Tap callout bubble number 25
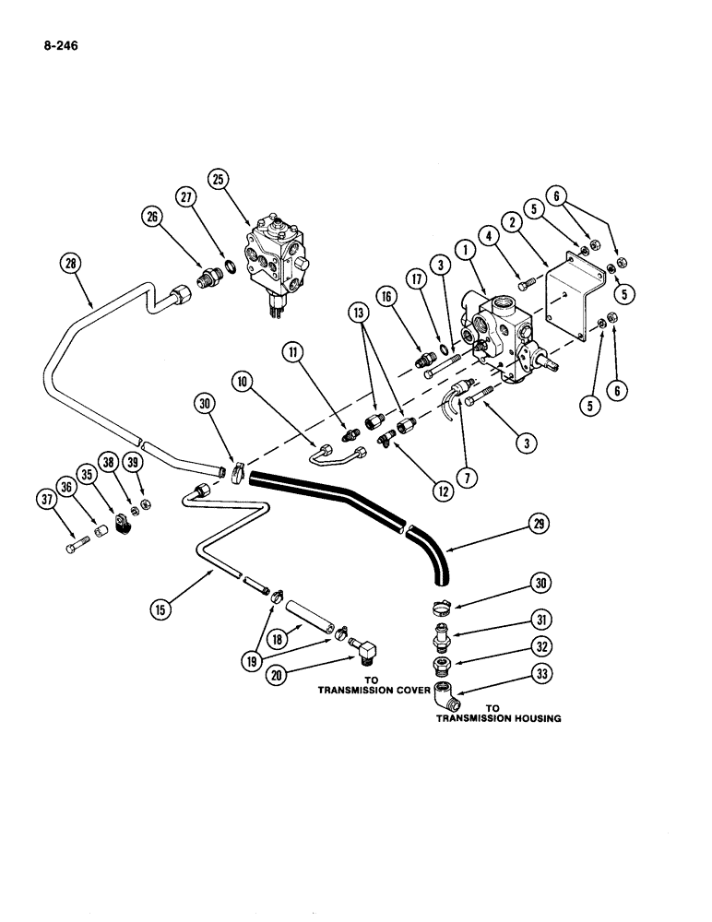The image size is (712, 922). (x=218, y=179)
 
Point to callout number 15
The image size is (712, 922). (x=163, y=607)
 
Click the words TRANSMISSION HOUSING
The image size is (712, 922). (x=498, y=718)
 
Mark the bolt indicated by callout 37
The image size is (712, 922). (x=75, y=550)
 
